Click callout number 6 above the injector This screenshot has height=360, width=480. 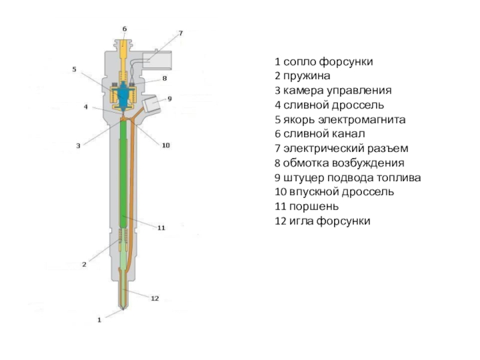pos(124,28)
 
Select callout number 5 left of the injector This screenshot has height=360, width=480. pos(74,69)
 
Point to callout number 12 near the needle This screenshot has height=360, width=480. pos(155,298)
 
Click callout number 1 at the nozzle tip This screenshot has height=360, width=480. pos(100,320)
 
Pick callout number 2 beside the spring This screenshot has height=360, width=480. pos(85,263)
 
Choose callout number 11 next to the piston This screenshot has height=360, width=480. pos(161,227)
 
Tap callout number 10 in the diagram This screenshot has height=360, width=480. pos(166,145)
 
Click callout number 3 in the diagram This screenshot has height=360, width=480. pos(77,145)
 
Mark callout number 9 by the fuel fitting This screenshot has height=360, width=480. pos(169,98)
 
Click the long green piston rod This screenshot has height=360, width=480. pos(124,174)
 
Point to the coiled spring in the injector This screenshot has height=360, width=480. pos(124,243)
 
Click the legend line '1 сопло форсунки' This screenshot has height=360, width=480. pos(324,62)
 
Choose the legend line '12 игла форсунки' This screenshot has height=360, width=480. pos(323,221)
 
